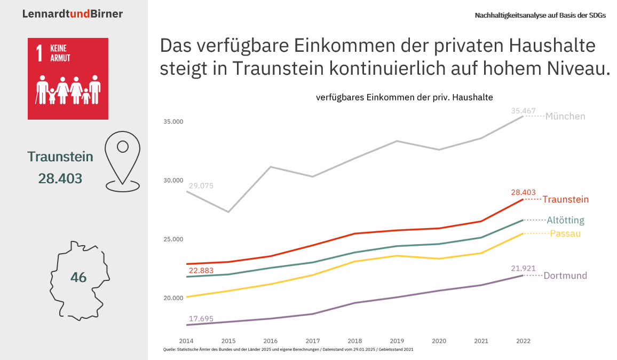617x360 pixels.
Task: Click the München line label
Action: pyautogui.click(x=565, y=116)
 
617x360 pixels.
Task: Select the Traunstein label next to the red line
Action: pyautogui.click(x=565, y=200)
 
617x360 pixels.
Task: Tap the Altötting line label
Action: pyautogui.click(x=565, y=220)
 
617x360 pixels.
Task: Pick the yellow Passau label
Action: pyautogui.click(x=565, y=234)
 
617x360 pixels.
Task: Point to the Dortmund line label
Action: pyautogui.click(x=565, y=276)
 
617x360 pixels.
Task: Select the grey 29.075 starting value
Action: pyautogui.click(x=200, y=186)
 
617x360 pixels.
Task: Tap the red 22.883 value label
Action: pyautogui.click(x=200, y=271)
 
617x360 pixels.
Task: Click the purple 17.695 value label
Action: pyautogui.click(x=200, y=319)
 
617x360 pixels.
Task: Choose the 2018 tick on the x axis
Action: pyautogui.click(x=354, y=341)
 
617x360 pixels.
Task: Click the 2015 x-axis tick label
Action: pyautogui.click(x=228, y=341)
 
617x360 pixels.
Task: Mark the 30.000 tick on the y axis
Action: pyautogui.click(x=173, y=181)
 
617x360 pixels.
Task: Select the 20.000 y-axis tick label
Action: pyautogui.click(x=173, y=298)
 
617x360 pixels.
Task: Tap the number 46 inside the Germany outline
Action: pyautogui.click(x=78, y=278)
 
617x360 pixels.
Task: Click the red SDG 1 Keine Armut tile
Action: pyautogui.click(x=68, y=79)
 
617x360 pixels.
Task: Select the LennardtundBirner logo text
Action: pyautogui.click(x=73, y=14)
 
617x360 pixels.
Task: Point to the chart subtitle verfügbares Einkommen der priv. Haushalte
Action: pyautogui.click(x=404, y=98)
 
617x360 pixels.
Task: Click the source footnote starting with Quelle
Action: pyautogui.click(x=288, y=350)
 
